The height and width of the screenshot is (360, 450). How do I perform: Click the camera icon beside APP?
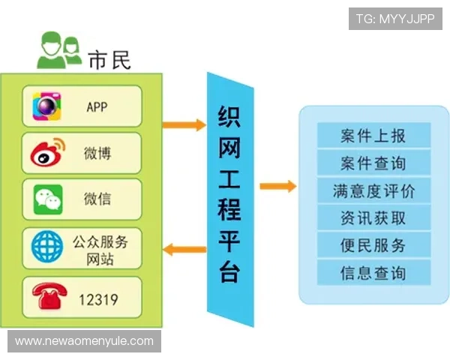[x=46, y=106]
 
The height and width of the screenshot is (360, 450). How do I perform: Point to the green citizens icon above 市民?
[x=58, y=50]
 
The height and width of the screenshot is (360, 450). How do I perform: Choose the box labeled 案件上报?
[x=373, y=136]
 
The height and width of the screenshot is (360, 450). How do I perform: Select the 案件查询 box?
[x=373, y=163]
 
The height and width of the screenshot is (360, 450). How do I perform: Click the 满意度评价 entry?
[x=373, y=190]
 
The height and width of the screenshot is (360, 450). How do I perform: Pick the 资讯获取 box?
[x=373, y=217]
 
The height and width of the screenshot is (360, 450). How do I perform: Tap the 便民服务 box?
[x=373, y=244]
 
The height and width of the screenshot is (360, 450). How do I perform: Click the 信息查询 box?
[x=373, y=271]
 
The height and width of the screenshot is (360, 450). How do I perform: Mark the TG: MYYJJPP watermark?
[x=394, y=18]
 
